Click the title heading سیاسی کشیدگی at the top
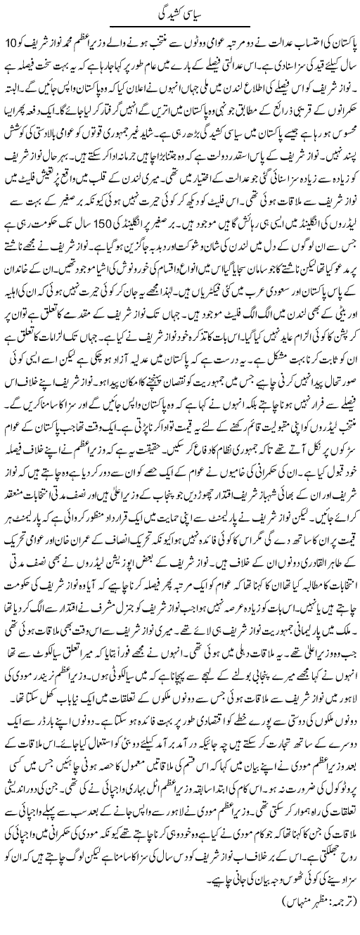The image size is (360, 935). pyautogui.click(x=180, y=13)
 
